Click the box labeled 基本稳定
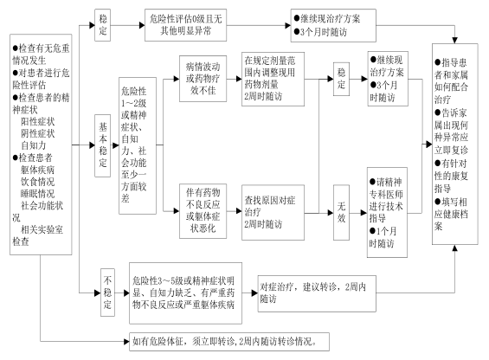pyautogui.click(x=103, y=145)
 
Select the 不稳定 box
pyautogui.click(x=107, y=292)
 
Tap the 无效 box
pyautogui.click(x=341, y=212)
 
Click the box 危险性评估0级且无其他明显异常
pyautogui.click(x=185, y=25)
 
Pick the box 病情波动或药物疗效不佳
pyautogui.click(x=203, y=79)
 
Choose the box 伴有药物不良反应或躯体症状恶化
pyautogui.click(x=203, y=211)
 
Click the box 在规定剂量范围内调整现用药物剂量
pyautogui.click(x=273, y=79)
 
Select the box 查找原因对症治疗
pyautogui.click(x=273, y=212)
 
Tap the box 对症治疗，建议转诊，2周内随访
pyautogui.click(x=317, y=293)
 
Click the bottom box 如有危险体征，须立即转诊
pyautogui.click(x=229, y=342)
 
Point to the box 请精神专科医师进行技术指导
pyautogui.click(x=387, y=212)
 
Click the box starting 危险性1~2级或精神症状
pyautogui.click(x=138, y=145)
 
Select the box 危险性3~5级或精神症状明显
pyautogui.click(x=185, y=292)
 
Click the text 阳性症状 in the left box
pyautogui.click(x=38, y=121)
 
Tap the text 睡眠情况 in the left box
pyautogui.click(x=38, y=194)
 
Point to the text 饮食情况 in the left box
pyautogui.click(x=38, y=182)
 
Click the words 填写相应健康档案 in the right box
pyautogui.click(x=451, y=214)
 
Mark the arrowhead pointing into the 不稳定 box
pyautogui.click(x=98, y=292)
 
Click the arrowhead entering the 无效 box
pyautogui.click(x=331, y=213)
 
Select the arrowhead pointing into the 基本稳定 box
pyautogui.click(x=92, y=145)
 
